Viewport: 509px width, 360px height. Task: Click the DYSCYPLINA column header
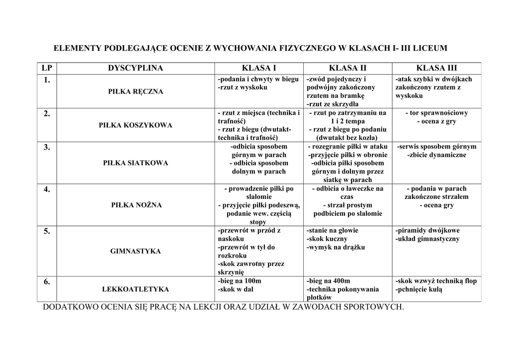135,69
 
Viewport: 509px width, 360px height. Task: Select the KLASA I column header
258,69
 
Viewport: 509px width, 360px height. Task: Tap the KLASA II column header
347,69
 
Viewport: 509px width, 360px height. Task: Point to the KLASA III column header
436,69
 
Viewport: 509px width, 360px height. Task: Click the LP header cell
47,69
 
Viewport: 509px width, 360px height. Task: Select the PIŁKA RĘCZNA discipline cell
136,91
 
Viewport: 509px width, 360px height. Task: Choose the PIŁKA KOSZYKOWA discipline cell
136,125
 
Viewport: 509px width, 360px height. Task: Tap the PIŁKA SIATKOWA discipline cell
136,163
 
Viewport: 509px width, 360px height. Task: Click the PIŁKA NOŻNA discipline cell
136,205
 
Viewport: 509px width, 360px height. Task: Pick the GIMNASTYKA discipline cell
136,251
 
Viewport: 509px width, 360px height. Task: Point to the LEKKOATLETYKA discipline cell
136,289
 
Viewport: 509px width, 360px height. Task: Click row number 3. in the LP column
47,147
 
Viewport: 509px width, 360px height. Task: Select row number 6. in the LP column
47,282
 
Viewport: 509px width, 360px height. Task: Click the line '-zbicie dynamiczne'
436,155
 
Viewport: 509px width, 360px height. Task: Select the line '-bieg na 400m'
329,281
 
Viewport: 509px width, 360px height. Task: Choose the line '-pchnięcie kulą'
419,289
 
